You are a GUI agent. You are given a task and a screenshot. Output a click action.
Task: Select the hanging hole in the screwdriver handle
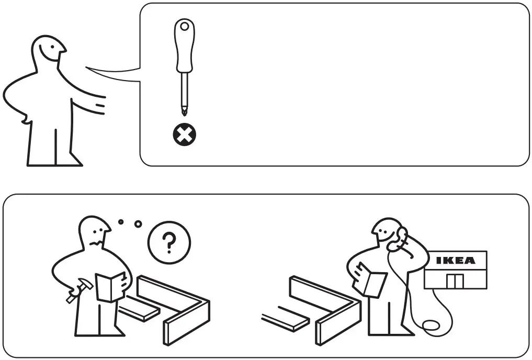184,26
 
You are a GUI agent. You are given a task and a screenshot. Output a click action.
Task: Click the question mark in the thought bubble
169,242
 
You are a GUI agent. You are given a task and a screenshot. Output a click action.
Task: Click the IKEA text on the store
455,260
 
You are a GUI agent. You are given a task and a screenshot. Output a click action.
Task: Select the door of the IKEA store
455,281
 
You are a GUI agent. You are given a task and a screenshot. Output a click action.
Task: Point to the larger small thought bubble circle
138,224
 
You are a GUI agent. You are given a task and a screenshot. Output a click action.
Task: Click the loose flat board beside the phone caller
285,319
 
